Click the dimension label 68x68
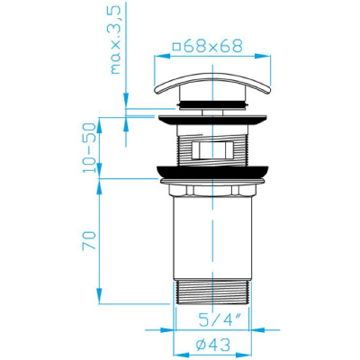pos(213,47)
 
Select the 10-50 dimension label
pos(89,148)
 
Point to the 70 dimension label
pos(89,240)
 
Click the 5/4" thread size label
pos(220,320)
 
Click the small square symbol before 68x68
pos(177,47)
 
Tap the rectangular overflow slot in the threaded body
pos(212,149)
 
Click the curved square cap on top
pos(213,83)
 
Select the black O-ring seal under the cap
pos(212,105)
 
